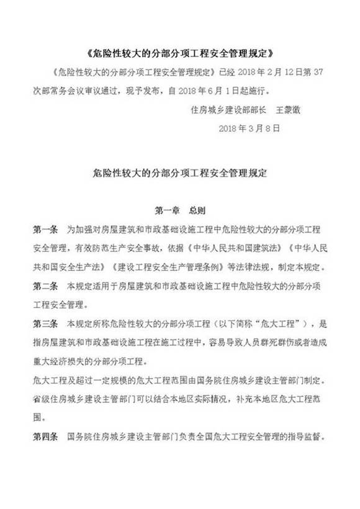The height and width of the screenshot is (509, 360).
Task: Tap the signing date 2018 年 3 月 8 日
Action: click(251, 128)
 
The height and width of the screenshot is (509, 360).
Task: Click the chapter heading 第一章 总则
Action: click(179, 210)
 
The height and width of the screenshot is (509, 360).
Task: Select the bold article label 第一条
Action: click(45, 229)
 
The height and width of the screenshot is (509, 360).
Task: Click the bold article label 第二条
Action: click(45, 286)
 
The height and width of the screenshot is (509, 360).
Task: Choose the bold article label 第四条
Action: click(45, 436)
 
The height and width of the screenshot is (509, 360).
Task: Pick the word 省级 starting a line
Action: click(42, 399)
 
